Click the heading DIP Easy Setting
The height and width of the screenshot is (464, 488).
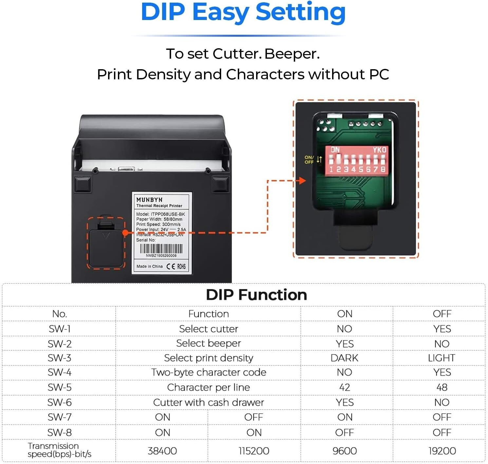(243, 12)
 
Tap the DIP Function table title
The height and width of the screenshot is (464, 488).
(256, 295)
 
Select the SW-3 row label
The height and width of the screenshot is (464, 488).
(59, 358)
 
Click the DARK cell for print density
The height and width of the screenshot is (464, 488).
(345, 358)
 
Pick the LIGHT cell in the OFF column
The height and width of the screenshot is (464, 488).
(441, 358)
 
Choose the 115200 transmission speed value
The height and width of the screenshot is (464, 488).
(254, 451)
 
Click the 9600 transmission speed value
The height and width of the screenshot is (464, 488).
(345, 451)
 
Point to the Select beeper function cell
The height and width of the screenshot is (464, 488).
(208, 343)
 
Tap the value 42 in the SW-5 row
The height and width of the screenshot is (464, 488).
(345, 387)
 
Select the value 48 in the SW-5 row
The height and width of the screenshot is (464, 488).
(441, 387)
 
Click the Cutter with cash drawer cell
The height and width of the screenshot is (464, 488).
(208, 402)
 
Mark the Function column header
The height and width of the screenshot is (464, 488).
(208, 314)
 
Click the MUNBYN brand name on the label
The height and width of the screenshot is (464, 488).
(149, 200)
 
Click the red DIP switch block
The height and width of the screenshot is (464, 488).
(357, 160)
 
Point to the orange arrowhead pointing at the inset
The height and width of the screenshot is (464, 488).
(303, 180)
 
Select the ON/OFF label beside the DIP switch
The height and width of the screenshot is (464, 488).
(309, 160)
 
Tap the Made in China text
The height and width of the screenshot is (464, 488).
(149, 266)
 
